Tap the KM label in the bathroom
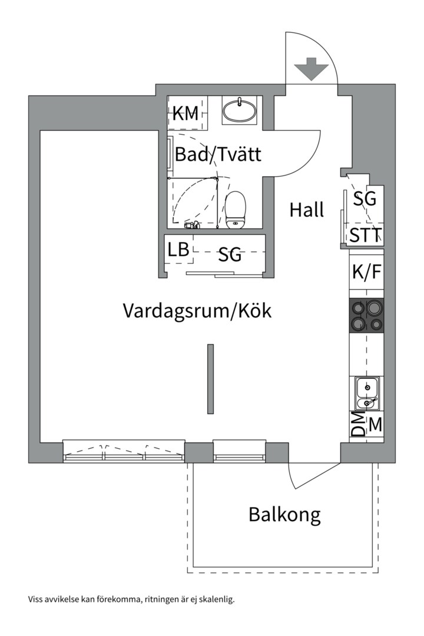click(x=185, y=114)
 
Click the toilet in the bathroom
click(x=236, y=210)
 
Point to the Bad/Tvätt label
click(x=218, y=155)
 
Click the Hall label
click(x=306, y=210)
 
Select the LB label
click(x=178, y=250)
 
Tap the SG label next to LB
click(x=230, y=255)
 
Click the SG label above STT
click(x=365, y=199)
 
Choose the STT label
click(x=365, y=236)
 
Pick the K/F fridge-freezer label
click(x=366, y=272)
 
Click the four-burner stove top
click(x=366, y=316)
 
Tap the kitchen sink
click(x=367, y=394)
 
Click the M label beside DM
click(x=375, y=424)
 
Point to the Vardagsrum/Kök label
click(x=197, y=310)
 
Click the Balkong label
click(x=284, y=515)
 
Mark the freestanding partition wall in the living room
click(x=210, y=379)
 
